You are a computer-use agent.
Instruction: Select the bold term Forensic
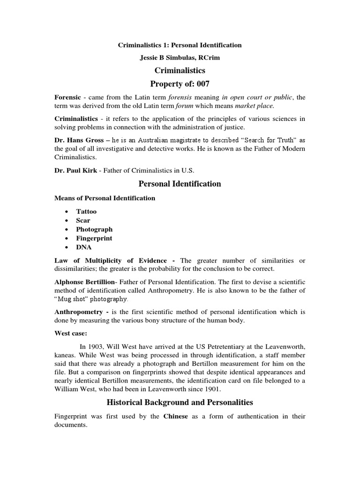point(68,97)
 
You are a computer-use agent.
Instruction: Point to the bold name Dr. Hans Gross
point(81,141)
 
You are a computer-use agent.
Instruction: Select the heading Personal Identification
point(180,184)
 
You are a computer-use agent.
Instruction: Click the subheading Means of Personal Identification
point(105,198)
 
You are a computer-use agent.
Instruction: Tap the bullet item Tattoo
point(86,211)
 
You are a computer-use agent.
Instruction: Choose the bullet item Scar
point(83,220)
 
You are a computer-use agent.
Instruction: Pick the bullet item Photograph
point(94,229)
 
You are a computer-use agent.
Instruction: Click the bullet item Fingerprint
point(94,238)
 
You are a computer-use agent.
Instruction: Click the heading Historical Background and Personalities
point(180,402)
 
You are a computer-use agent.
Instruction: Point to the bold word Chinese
point(176,416)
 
